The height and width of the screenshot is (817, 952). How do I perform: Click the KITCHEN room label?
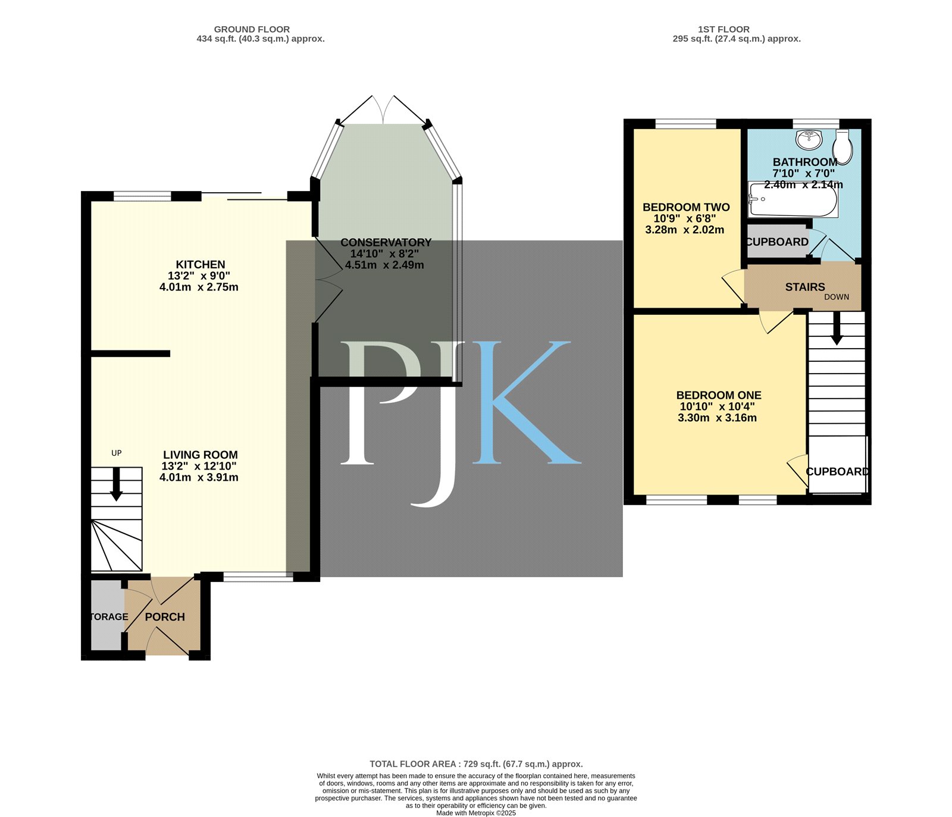[201, 265]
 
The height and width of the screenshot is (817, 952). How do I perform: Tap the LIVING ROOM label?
[201, 455]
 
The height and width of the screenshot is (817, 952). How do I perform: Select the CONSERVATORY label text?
[386, 243]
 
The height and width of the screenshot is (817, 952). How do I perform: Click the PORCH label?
[165, 617]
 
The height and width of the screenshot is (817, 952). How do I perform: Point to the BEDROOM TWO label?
[686, 208]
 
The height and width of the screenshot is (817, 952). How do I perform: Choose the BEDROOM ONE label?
[719, 396]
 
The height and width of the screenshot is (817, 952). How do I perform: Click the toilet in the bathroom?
[843, 147]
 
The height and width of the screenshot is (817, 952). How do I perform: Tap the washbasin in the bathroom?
[809, 139]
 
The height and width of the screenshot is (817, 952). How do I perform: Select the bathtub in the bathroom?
[793, 200]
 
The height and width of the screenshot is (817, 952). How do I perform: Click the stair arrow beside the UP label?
[117, 484]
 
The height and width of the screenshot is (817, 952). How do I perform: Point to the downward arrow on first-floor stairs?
[837, 328]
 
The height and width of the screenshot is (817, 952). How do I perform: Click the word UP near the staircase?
[117, 453]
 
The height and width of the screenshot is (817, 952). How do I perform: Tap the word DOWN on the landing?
[837, 297]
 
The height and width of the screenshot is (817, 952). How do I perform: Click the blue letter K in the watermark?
[527, 403]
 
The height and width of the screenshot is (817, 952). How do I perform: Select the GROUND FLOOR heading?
[252, 29]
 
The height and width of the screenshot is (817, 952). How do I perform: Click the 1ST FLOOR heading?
[724, 29]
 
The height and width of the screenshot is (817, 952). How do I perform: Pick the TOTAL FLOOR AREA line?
[476, 764]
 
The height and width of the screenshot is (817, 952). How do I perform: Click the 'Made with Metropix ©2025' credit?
[476, 813]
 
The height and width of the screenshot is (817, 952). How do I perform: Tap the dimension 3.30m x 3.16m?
[718, 418]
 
